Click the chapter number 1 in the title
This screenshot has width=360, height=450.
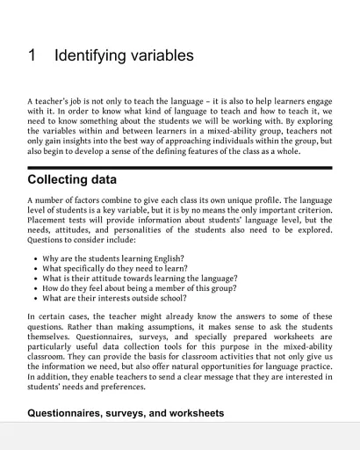click(x=32, y=56)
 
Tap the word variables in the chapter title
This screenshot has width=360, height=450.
click(x=159, y=56)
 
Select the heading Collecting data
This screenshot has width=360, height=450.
click(x=72, y=180)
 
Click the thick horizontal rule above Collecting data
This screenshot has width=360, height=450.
click(x=180, y=167)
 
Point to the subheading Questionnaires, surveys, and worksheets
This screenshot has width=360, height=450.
click(x=126, y=412)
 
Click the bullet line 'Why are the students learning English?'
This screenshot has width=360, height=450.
click(x=113, y=258)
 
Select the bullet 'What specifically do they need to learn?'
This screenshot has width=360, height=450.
click(x=119, y=269)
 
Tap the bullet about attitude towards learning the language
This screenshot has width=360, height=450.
click(x=140, y=279)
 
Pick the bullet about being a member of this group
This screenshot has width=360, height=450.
click(x=133, y=290)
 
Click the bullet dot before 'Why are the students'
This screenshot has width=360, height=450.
click(x=33, y=259)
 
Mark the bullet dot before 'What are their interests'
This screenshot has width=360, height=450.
click(x=33, y=301)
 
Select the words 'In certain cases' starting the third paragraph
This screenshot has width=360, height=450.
click(x=57, y=316)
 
